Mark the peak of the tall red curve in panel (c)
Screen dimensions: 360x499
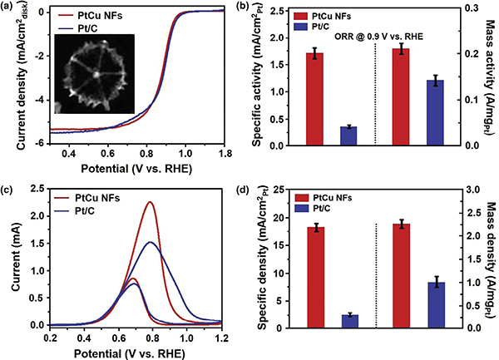[x=150, y=202]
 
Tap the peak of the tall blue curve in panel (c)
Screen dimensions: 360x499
[x=150, y=242]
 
